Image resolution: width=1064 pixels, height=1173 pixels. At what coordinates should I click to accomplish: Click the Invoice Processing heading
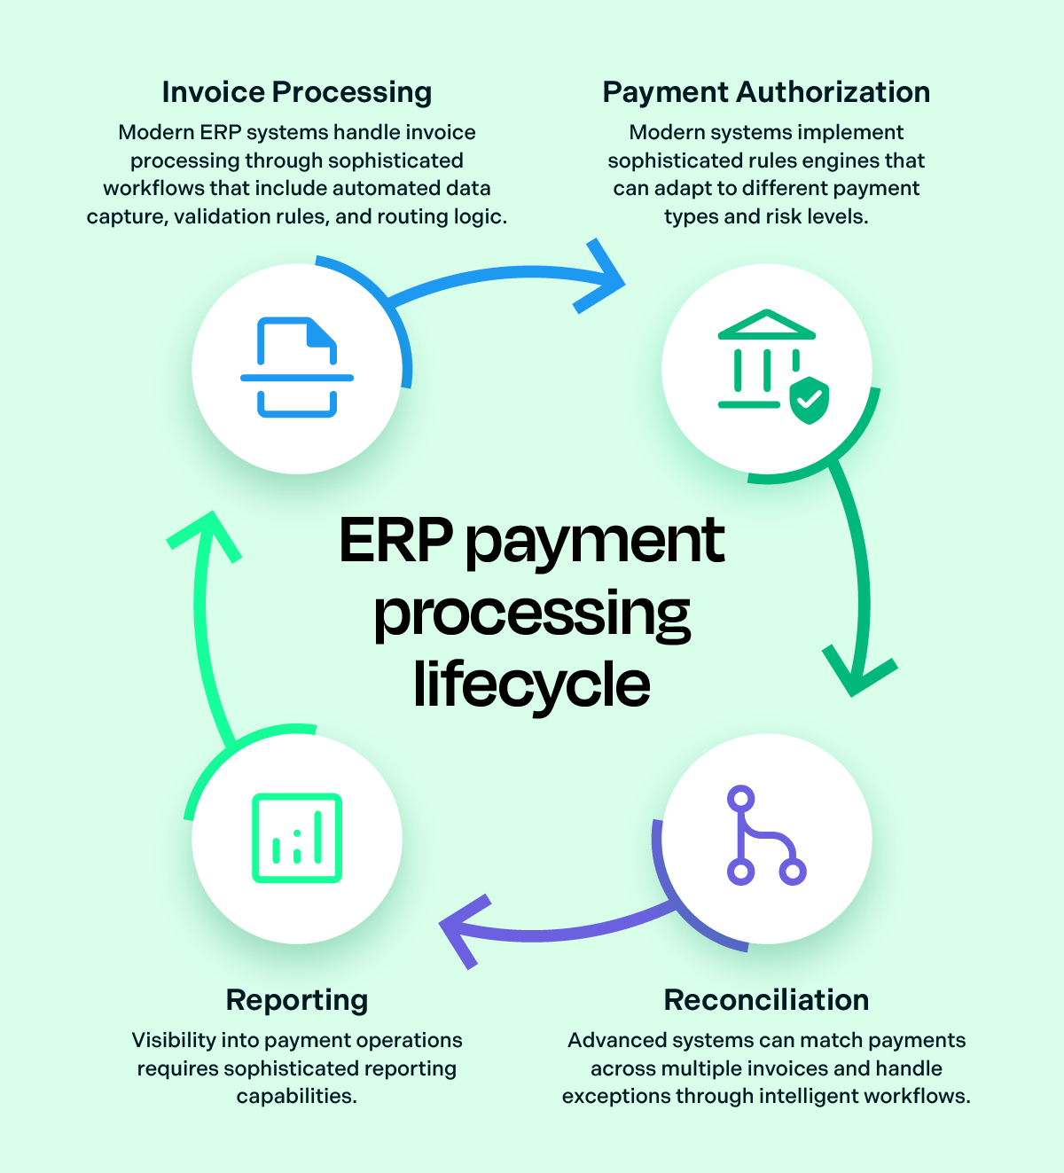click(296, 92)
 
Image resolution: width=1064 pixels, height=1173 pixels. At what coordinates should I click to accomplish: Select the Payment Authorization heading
click(766, 92)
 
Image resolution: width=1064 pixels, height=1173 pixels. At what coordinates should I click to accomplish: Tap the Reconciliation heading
click(766, 1000)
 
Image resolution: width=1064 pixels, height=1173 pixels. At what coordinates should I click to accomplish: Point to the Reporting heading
click(296, 1000)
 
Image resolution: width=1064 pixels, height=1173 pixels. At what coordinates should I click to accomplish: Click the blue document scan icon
click(297, 367)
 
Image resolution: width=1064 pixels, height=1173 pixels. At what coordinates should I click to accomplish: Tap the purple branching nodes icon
click(766, 835)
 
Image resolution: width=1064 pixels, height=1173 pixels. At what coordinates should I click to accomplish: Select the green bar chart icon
click(297, 838)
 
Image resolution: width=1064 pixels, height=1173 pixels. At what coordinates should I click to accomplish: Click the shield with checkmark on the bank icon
click(809, 400)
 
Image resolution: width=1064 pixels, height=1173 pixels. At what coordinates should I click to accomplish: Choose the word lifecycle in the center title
click(532, 684)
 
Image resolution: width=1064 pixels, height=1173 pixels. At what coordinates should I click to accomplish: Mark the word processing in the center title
click(532, 614)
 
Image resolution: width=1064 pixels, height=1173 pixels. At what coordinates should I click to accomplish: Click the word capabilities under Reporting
click(296, 1096)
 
